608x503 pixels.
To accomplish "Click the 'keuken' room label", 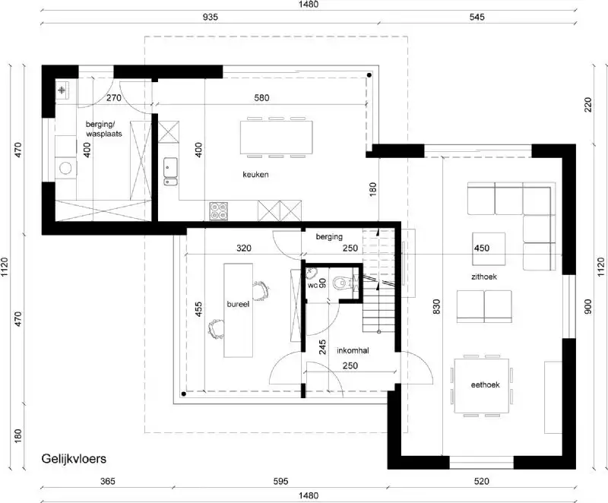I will [257, 174].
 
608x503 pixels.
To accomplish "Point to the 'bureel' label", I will [238, 302].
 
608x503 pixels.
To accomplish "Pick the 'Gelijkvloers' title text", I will [73, 459].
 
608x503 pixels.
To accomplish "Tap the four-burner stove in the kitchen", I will [218, 209].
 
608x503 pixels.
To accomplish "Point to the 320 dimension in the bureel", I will [243, 248].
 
